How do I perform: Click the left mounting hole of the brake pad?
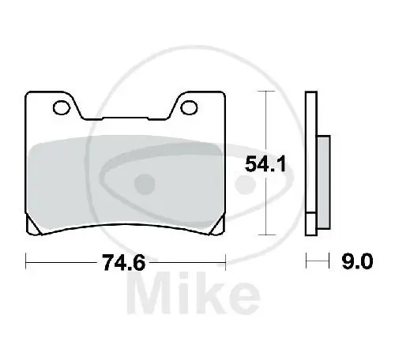tap(58, 105)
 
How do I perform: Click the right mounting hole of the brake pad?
tap(190, 105)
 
